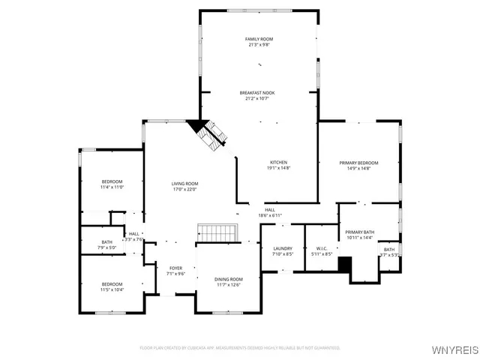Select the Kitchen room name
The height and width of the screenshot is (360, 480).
[278, 162]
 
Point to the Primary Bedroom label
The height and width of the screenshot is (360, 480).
[358, 163]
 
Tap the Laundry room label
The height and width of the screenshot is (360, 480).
[282, 248]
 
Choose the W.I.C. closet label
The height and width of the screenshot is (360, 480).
[322, 248]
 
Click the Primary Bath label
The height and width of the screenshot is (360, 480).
[359, 232]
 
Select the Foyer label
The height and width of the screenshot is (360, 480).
[175, 268]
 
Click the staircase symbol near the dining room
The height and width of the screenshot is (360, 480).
[217, 233]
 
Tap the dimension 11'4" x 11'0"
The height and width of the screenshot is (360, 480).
[112, 187]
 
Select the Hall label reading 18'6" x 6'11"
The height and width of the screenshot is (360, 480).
[269, 215]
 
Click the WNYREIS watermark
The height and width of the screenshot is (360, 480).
[453, 349]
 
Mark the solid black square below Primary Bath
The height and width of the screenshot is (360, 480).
[345, 265]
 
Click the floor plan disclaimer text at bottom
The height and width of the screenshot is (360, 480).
[240, 348]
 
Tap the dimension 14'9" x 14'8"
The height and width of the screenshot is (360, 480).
[358, 168]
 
